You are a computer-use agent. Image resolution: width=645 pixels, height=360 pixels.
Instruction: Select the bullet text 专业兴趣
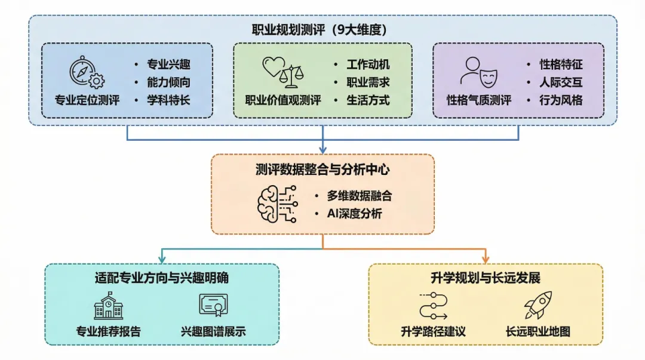click(x=168, y=64)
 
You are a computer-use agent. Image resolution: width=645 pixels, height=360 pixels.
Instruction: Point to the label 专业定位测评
click(x=87, y=100)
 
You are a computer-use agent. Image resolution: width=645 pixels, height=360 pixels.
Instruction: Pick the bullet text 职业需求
click(x=368, y=82)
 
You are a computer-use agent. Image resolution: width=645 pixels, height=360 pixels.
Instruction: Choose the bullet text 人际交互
click(x=561, y=82)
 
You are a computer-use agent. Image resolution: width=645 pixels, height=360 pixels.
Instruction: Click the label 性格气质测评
click(x=479, y=100)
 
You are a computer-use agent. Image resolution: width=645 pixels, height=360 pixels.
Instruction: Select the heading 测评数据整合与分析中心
click(x=322, y=170)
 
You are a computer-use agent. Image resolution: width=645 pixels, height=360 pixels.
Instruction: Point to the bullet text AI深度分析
click(x=354, y=214)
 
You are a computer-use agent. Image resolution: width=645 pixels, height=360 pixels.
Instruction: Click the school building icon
click(x=108, y=306)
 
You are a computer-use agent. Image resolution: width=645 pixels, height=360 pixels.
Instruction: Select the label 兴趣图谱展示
click(x=213, y=331)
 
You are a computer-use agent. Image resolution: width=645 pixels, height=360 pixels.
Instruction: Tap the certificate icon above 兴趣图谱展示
click(x=214, y=306)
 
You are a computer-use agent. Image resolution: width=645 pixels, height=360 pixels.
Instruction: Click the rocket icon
click(x=537, y=305)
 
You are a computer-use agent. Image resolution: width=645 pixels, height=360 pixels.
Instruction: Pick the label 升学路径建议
click(x=433, y=331)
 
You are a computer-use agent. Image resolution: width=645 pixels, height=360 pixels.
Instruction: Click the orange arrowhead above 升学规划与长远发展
click(x=486, y=259)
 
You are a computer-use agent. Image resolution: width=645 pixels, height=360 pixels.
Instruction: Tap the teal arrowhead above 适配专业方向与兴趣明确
click(x=162, y=259)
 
